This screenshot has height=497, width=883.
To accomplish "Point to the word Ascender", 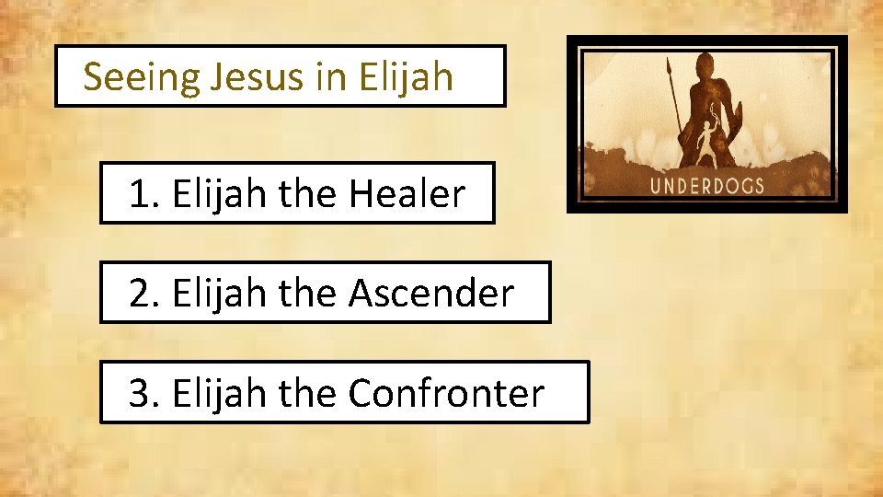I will tap(431, 294).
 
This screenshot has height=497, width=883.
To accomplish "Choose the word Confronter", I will tap(446, 393).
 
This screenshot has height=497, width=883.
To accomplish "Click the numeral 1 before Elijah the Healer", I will tap(139, 195).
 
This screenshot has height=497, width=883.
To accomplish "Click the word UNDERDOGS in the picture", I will tap(707, 185).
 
